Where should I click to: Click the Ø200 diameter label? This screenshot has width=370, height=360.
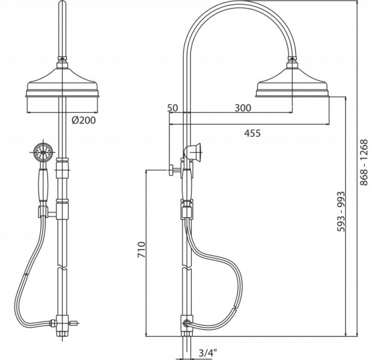[83, 120]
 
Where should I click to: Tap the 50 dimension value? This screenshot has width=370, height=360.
[172, 108]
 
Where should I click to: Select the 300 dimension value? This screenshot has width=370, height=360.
[243, 108]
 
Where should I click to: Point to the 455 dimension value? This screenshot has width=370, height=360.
[252, 133]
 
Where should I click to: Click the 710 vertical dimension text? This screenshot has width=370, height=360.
[142, 250]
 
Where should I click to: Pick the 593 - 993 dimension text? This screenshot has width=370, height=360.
[341, 211]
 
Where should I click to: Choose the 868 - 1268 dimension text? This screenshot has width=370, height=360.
[364, 163]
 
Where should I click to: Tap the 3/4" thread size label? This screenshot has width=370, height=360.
[208, 353]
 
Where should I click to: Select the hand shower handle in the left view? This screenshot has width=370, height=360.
[43, 185]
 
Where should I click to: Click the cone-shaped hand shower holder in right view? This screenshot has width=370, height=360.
[193, 151]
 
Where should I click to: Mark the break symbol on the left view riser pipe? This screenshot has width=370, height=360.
[62, 268]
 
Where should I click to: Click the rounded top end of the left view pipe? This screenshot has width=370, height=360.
[62, 3]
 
